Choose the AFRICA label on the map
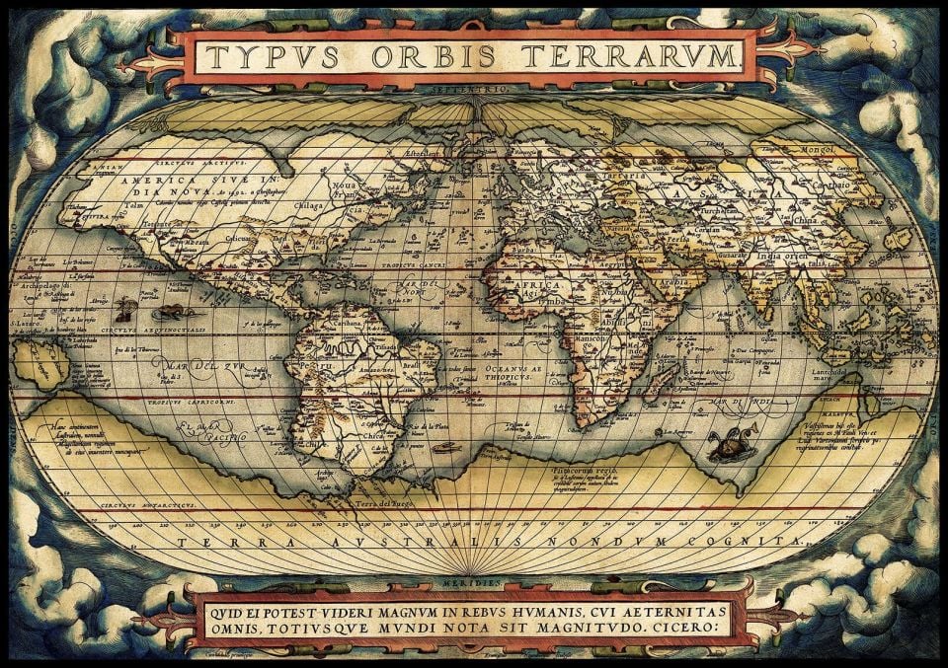point(527,285)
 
